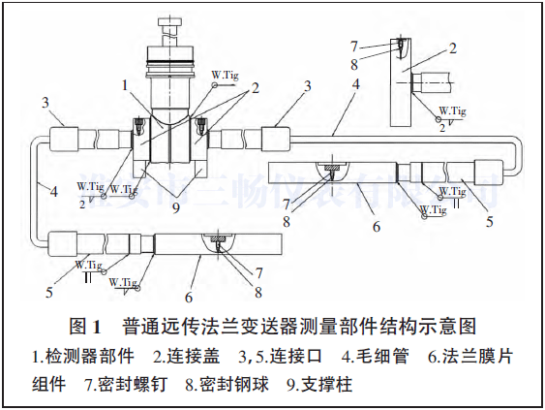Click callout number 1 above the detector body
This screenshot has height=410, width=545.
[x=124, y=84]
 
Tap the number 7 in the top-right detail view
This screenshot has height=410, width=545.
[x=354, y=46]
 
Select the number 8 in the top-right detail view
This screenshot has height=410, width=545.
[x=354, y=63]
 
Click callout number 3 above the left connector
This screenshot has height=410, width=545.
[x=45, y=101]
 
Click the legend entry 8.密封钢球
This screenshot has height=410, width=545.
[x=229, y=383]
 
